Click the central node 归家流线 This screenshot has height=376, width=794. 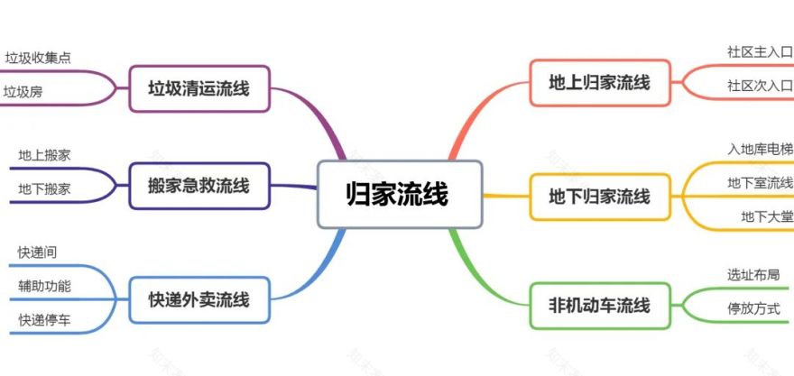[399, 194]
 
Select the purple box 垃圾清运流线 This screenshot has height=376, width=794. [199, 88]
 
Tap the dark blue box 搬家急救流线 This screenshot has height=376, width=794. [199, 187]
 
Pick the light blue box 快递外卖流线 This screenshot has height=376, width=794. [199, 299]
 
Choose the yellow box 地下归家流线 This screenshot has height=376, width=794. [599, 196]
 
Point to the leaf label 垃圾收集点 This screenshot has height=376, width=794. [39, 59]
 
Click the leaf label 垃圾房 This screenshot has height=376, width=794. [23, 91]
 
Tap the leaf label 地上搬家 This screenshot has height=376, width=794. [44, 155]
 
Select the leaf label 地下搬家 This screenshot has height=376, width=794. [44, 188]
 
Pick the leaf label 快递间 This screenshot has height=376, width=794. [38, 252]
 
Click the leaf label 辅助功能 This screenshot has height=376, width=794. [44, 286]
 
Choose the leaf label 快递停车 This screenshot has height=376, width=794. [44, 319]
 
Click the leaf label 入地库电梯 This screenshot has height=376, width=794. [760, 149]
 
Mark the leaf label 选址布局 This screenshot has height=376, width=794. [753, 274]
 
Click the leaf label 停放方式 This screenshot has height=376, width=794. [753, 308]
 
